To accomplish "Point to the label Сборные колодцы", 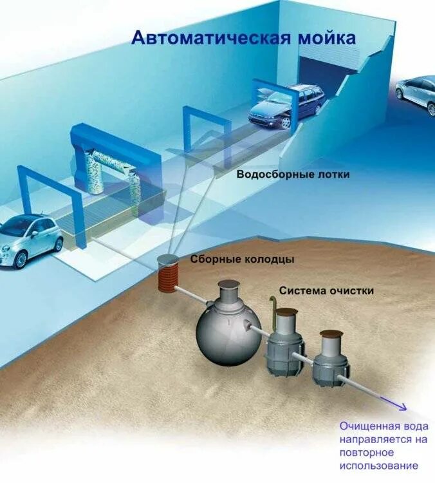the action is click(242, 260).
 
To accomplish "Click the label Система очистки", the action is click(326, 290).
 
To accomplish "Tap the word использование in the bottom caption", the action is click(379, 466).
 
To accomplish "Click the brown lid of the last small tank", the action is click(332, 334).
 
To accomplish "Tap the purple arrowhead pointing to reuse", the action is click(402, 407).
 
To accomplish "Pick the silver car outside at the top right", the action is click(417, 93).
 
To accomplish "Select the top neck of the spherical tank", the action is click(228, 293).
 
